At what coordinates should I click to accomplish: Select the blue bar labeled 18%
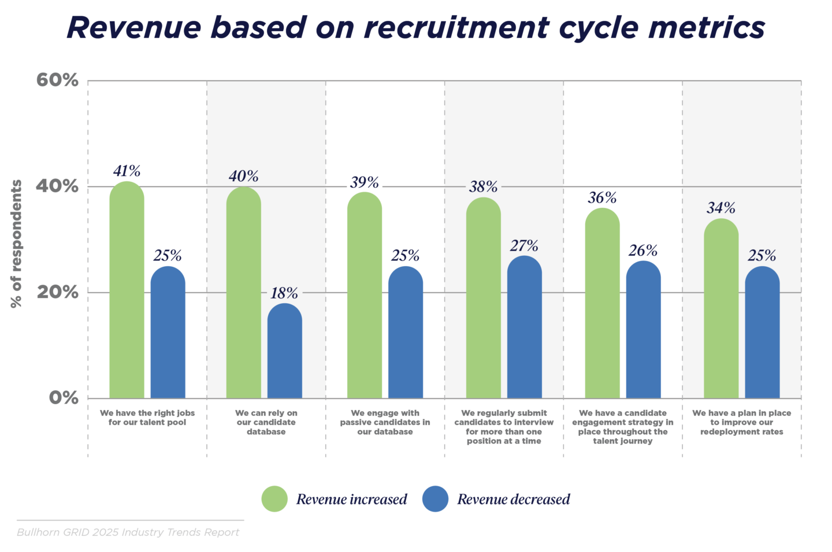point(284,352)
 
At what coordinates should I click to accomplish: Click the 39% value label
point(365,183)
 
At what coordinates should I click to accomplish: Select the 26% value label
point(643,251)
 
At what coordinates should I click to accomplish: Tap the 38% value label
point(483,187)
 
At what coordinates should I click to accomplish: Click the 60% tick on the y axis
point(57,80)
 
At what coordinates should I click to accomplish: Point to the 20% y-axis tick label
point(57,292)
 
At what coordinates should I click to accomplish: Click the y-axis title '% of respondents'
point(16,243)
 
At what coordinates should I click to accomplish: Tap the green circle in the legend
point(274,499)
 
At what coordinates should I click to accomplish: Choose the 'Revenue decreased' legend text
point(513,499)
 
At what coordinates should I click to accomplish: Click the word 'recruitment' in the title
point(456,27)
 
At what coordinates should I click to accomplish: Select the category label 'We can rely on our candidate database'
point(266,422)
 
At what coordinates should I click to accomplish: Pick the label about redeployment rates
point(741,422)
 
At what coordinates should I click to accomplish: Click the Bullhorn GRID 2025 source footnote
point(128,532)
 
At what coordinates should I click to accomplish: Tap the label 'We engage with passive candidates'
point(385,422)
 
